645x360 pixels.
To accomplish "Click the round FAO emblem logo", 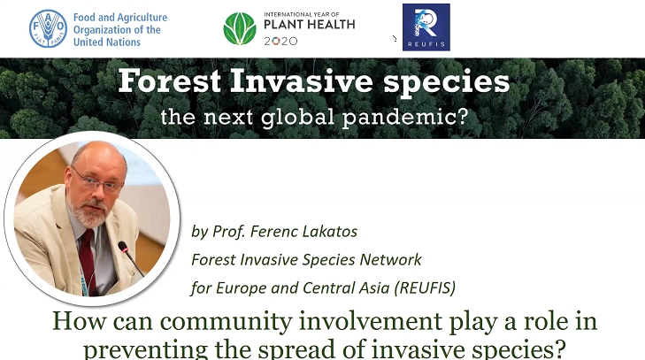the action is [48, 29].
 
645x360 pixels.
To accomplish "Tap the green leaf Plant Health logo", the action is [240, 28].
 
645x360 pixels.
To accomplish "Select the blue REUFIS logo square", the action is [426, 27].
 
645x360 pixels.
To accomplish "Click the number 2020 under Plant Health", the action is [280, 41].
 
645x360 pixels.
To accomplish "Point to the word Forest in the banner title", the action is [170, 81].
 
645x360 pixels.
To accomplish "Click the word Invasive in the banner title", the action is [302, 81].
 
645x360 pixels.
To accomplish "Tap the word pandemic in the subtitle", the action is [404, 117].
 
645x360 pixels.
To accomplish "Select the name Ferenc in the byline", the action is [273, 231].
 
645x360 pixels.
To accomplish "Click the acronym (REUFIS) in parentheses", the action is [425, 287].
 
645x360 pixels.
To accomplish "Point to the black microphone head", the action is [123, 247].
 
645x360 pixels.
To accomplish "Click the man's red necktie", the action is [88, 260].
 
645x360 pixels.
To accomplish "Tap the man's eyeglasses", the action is [97, 181].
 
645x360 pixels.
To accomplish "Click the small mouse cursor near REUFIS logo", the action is [395, 38].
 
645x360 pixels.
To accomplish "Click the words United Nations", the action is [107, 42].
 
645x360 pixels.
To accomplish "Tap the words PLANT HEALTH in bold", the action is [310, 25].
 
